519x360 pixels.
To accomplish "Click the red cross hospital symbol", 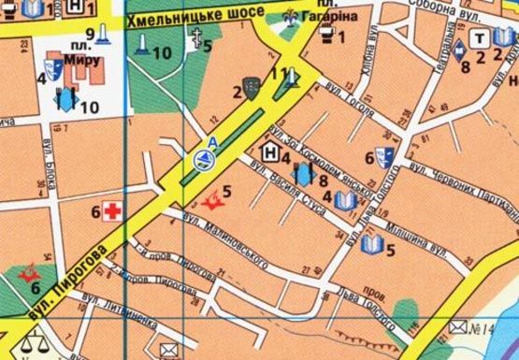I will pos(114,210).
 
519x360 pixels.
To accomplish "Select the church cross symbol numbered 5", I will pos(197,40).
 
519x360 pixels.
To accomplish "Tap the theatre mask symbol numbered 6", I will pos(382,157).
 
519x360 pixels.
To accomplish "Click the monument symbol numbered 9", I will pos(101,36).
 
